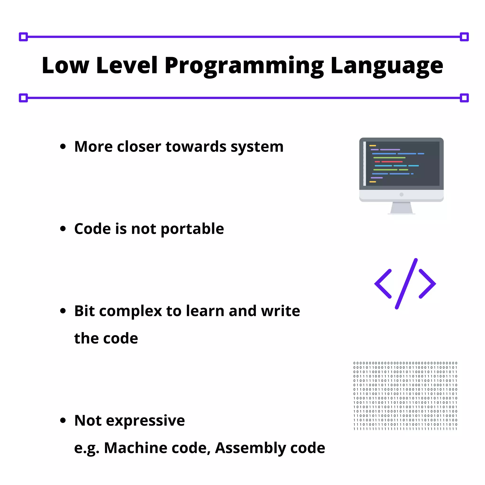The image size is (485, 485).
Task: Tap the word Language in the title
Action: [386, 66]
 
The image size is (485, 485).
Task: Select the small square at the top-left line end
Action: [23, 37]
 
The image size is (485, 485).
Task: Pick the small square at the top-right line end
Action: [464, 37]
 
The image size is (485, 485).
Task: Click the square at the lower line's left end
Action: [23, 98]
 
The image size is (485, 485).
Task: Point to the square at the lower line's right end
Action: [464, 98]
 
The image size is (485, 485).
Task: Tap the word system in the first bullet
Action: [257, 147]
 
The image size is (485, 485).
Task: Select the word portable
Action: [192, 229]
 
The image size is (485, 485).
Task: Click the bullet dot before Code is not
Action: [63, 229]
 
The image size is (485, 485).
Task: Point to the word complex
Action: [130, 311]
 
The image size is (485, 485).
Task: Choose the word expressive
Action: [145, 421]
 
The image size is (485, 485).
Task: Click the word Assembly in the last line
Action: [250, 448]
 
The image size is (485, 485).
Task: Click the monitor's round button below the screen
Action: [401, 195]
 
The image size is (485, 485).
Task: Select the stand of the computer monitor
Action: [401, 208]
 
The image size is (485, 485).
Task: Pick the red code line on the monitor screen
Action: [392, 162]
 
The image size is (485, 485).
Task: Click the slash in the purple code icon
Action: [406, 284]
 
